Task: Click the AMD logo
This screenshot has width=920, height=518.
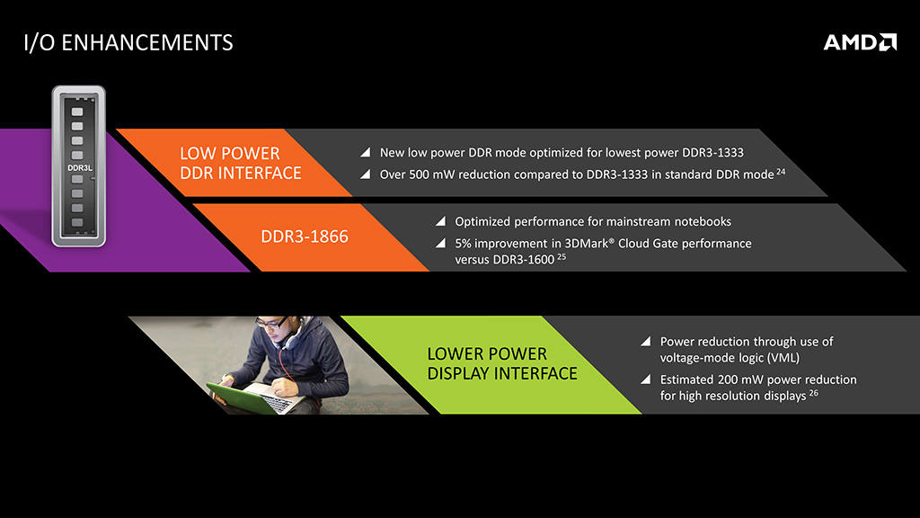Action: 860,42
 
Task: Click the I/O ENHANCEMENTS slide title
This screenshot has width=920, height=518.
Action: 128,43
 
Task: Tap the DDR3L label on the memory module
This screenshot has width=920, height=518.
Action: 80,168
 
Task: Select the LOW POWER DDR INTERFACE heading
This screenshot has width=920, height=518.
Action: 241,163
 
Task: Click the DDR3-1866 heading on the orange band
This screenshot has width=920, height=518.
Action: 305,237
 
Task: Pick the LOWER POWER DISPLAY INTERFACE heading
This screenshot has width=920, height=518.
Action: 502,363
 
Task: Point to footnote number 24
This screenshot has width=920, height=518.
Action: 781,172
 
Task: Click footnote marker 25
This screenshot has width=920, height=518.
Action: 562,256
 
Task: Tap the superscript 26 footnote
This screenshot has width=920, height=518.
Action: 813,393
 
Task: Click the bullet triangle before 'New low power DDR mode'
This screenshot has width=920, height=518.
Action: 366,153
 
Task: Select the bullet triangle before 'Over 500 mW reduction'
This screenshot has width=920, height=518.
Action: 366,174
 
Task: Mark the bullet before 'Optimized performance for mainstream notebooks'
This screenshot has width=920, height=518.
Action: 440,221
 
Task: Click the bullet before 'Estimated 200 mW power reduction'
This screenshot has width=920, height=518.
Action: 646,380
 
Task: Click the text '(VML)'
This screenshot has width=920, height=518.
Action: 783,358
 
